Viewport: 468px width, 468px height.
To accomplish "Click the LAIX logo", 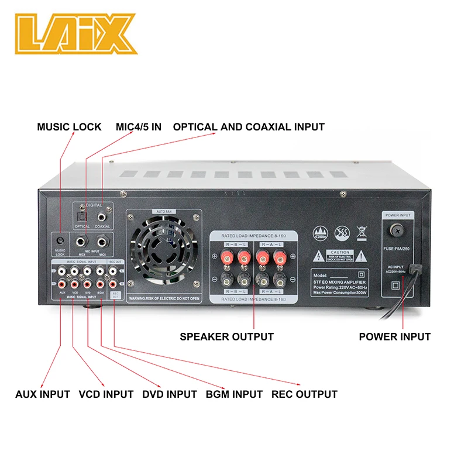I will pos(76,33).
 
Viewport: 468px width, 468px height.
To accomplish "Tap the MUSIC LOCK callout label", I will pos(69,127).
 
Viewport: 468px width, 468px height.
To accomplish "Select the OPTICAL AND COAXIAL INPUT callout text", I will pos(249,127).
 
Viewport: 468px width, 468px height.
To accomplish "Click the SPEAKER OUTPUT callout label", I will pos(226,336).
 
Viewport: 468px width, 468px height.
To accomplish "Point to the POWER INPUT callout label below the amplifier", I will pos(394,336).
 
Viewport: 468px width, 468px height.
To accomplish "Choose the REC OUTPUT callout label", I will pos(304,394).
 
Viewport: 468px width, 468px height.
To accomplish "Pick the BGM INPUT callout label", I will pos(234,394).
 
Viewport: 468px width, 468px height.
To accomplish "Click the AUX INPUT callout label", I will pos(43,394).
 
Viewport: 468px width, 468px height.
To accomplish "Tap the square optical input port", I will pos(82,216).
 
